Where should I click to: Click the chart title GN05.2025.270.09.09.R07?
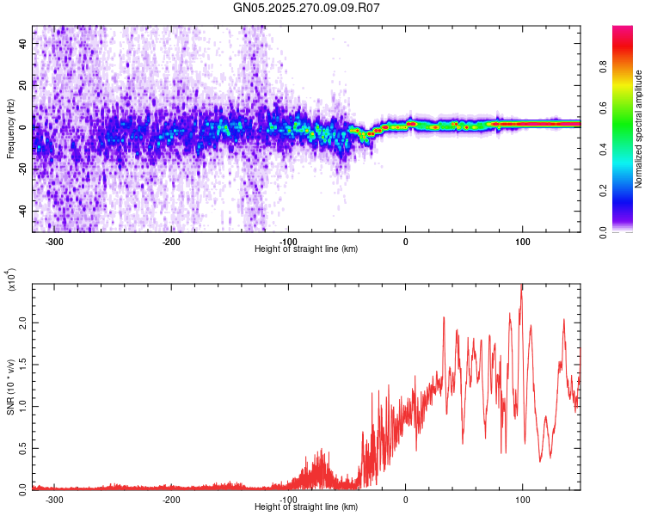point(307,8)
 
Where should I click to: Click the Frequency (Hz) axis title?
point(10,128)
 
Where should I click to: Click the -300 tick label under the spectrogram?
point(54,241)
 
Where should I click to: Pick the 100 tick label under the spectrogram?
point(522,241)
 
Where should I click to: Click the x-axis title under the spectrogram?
point(306,249)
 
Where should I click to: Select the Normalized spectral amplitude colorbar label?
point(639,129)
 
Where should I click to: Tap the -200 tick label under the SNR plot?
point(171,499)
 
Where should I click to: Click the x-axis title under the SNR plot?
point(306,507)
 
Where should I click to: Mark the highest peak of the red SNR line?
point(522,286)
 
